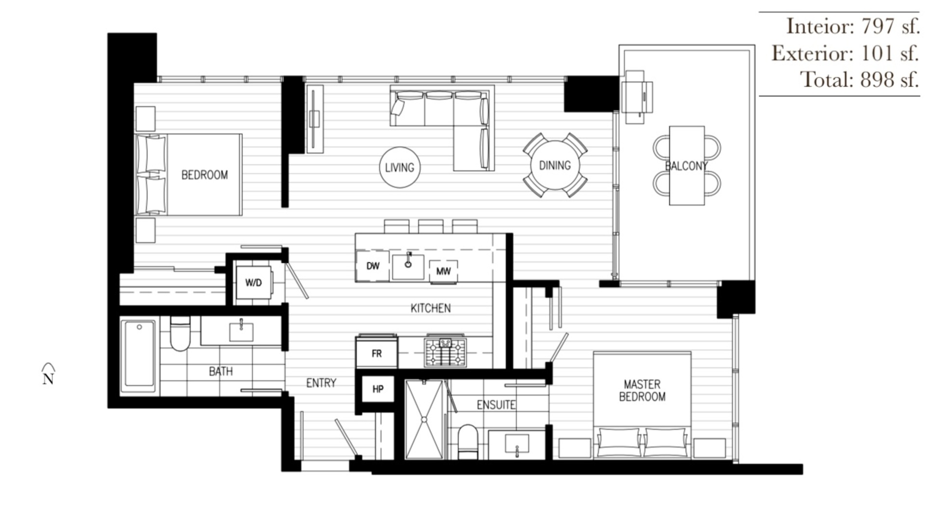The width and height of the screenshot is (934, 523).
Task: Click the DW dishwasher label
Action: click(x=373, y=266)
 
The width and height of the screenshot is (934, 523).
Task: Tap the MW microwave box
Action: click(x=443, y=271)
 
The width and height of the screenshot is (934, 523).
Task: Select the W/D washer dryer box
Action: click(x=253, y=283)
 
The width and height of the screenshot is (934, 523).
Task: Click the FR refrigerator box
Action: click(x=377, y=353)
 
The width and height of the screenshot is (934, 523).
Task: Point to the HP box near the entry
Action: click(x=378, y=389)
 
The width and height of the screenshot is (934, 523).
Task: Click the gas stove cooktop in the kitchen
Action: click(x=446, y=352)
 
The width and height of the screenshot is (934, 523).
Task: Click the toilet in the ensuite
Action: click(x=468, y=441)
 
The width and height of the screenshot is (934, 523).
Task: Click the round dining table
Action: click(x=555, y=165)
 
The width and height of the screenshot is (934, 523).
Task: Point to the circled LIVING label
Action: click(x=399, y=167)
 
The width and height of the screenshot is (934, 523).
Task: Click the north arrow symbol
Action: click(x=48, y=374)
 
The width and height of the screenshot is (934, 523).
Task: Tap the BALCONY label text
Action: click(x=686, y=166)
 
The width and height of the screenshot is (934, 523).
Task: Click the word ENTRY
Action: click(x=321, y=383)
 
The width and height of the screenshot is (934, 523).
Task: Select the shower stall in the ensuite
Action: click(x=424, y=419)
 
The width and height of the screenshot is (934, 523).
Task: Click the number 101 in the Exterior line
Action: click(x=877, y=53)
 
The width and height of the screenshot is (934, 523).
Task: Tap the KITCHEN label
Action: click(x=431, y=308)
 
